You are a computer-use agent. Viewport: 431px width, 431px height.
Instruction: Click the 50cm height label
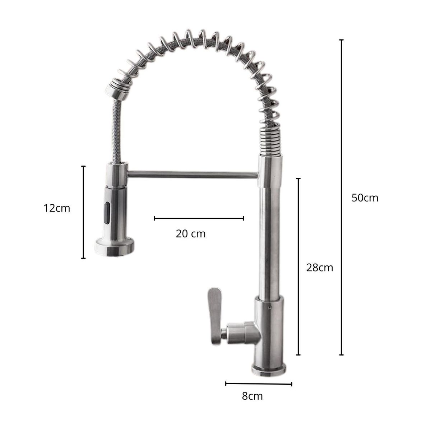point(365,198)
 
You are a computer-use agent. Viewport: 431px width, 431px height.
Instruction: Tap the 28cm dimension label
point(320,268)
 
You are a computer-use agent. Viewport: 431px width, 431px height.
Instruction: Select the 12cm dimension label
point(57,208)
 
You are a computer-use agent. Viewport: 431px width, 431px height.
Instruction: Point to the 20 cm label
point(191,233)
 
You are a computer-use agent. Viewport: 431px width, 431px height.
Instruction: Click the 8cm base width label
point(252,396)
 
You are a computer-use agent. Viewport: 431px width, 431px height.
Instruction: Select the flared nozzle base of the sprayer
point(115,247)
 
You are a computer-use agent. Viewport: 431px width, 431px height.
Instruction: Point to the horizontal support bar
point(192,175)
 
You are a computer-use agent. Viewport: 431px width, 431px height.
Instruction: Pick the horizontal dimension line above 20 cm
point(199,218)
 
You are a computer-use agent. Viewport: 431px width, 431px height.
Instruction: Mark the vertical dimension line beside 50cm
point(341,198)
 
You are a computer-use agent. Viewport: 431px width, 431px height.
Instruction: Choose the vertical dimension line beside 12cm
point(83,212)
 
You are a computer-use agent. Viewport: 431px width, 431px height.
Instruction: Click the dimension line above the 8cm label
point(259,384)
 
